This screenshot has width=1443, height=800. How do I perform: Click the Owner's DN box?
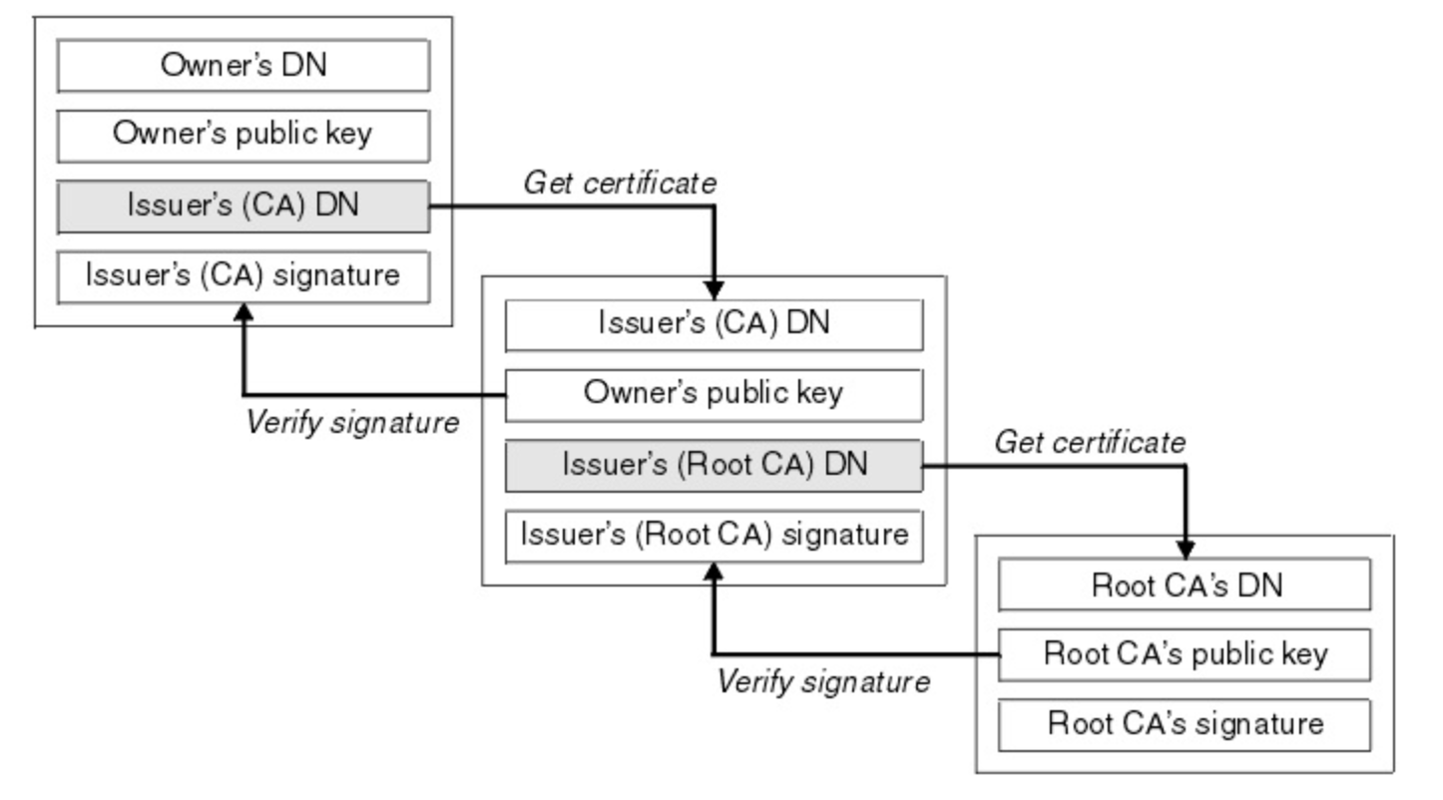243,66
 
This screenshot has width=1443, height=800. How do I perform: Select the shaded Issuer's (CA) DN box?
243,206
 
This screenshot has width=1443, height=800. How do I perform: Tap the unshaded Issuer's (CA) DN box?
714,325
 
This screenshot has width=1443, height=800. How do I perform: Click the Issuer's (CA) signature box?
243,277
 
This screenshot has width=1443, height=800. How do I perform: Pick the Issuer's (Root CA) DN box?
714,466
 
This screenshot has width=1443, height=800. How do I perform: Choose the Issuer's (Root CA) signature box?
714,537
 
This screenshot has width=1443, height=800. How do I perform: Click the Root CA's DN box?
1185,585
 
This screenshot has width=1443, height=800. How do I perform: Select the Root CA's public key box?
1185,654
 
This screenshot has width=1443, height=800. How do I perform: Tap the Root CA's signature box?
1185,724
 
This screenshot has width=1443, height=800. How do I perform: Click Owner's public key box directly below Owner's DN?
243,136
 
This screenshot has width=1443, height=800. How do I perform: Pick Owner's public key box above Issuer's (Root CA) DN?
714,395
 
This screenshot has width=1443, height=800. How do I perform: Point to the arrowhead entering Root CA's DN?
1186,550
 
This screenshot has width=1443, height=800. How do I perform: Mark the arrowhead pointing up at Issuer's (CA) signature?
243,313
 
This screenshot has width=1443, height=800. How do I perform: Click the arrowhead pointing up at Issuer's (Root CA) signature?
714,573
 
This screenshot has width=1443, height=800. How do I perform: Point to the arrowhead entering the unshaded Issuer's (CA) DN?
714,290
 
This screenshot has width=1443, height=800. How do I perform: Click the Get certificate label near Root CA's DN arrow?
1090,443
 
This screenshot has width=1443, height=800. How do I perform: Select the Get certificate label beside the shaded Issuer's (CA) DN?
620,183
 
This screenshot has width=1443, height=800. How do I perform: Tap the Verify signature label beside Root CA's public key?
823,681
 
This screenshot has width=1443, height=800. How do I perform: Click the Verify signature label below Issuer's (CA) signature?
352,423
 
